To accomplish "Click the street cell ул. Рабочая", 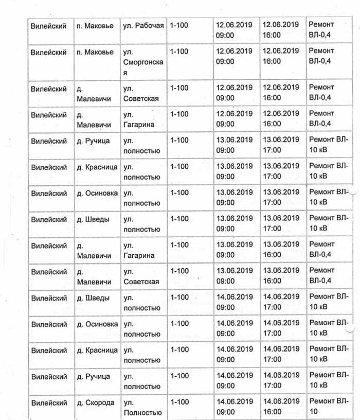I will pos(143,25).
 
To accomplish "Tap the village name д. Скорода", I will pos(96,402).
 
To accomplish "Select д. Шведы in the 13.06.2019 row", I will pos(93,219).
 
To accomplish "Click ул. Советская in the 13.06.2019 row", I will pos(141,282).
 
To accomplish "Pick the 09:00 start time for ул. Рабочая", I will pos(225,36).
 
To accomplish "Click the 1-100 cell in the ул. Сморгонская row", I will pos(179,51).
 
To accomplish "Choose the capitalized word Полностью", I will pos(142,412).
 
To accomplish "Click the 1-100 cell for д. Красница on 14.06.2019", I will pos(179,350).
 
